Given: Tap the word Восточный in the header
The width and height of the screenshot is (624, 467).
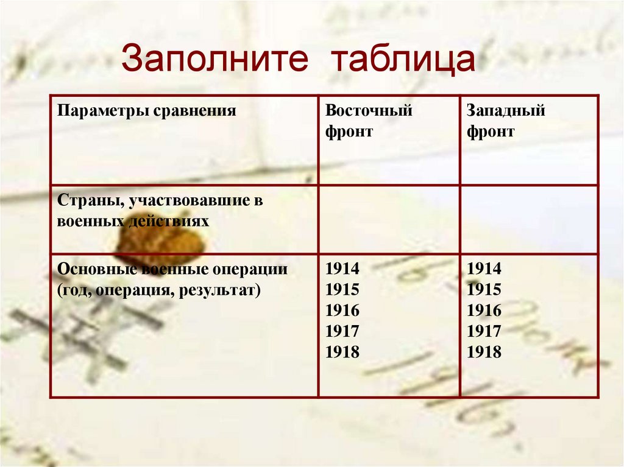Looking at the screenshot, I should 369,111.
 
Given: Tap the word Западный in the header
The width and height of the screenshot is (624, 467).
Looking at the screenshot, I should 506,111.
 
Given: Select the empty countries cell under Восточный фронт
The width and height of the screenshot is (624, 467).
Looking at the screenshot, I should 389,219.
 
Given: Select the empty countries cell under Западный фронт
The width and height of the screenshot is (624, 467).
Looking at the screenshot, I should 529,219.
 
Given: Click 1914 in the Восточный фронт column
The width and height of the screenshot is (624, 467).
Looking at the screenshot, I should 342,269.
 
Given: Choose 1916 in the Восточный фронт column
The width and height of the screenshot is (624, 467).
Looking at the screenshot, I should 342,311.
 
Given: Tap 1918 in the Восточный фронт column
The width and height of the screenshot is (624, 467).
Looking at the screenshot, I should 342,352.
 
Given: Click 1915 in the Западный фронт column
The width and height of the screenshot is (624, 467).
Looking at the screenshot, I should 484,290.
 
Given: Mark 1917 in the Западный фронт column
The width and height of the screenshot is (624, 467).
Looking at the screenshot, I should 484,331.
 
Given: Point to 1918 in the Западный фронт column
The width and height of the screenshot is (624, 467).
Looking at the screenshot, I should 484,352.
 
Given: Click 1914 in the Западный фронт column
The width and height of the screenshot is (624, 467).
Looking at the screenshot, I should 484,269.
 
